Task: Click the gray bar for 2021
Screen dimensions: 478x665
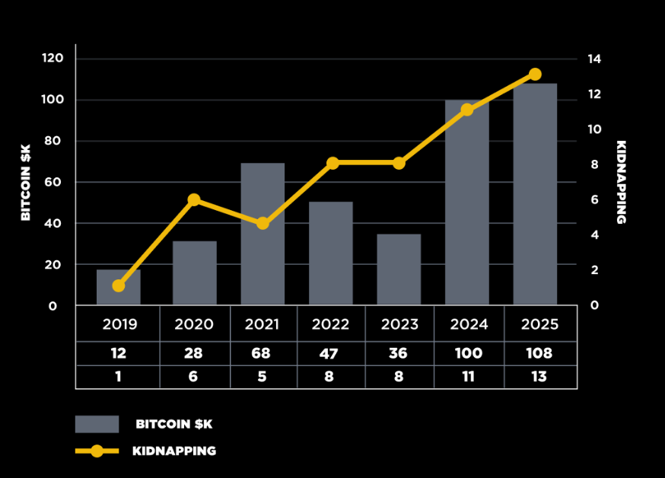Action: pos(262,234)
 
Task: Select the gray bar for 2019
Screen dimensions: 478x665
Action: pos(119,288)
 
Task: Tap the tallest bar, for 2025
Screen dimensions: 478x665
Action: pos(535,194)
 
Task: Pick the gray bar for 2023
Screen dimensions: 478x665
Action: pos(399,269)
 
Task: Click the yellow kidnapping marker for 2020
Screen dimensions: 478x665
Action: pos(194,200)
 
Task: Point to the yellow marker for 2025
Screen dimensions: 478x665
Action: pos(535,75)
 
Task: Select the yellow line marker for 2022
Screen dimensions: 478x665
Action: pos(332,164)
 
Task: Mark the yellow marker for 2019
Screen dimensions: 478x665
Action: pos(119,286)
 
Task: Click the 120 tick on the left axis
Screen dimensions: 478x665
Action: pos(52,59)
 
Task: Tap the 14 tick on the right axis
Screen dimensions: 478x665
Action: pos(594,59)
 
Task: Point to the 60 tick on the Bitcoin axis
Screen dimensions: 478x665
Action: pos(52,183)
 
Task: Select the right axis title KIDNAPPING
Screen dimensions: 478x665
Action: pos(621,183)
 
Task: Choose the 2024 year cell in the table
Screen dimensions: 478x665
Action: pos(469,324)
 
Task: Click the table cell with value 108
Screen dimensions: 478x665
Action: pos(539,354)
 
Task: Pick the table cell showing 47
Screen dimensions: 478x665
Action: pos(330,354)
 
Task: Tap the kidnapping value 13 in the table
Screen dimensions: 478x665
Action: pos(539,377)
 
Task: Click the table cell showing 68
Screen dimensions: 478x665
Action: pos(262,354)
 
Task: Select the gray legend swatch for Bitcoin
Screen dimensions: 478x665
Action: pos(97,424)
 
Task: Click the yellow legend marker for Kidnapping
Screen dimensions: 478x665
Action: pos(97,451)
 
